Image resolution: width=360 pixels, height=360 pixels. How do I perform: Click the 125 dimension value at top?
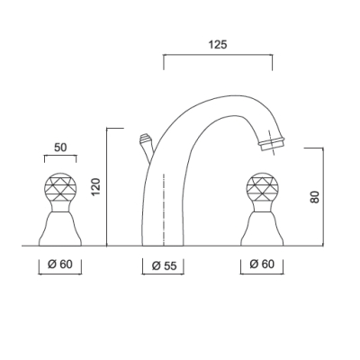[x=218, y=45]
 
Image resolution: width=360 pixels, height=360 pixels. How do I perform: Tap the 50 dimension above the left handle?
[x=60, y=148]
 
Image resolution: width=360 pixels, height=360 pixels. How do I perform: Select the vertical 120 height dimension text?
[x=95, y=187]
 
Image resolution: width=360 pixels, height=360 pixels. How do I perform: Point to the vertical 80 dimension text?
[x=315, y=197]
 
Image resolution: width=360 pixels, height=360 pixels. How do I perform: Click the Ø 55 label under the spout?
[x=164, y=265]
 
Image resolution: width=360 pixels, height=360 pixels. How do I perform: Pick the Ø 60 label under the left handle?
[x=60, y=265]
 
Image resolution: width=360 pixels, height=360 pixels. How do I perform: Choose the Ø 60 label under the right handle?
[x=262, y=264]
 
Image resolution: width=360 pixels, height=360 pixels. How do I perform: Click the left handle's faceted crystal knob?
[x=60, y=187]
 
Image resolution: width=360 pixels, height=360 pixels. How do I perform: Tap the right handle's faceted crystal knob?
[x=262, y=187]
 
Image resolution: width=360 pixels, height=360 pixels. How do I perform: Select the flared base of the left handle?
[x=60, y=229]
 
